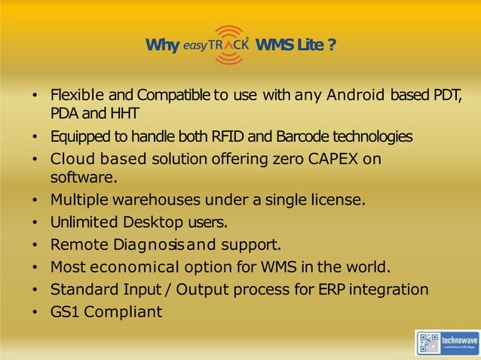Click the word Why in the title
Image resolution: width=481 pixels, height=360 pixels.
pos(161,46)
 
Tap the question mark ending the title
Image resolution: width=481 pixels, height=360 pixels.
pos(332,46)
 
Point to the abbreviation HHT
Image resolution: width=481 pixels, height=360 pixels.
pos(124,114)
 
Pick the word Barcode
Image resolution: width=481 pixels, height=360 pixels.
pos(304,137)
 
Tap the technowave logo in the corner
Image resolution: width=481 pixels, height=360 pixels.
pos(447,342)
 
